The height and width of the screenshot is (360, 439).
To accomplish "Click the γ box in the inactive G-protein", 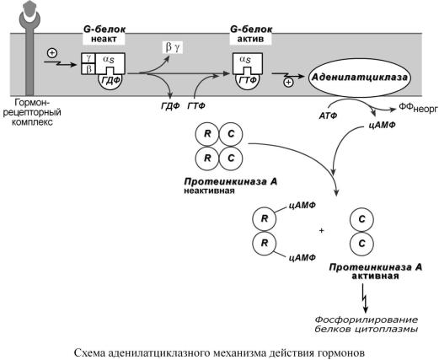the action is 88,58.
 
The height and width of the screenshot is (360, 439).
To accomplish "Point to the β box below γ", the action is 88,69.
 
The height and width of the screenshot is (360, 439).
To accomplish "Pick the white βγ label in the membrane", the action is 173,47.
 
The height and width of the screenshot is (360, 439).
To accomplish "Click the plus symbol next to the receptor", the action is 52,53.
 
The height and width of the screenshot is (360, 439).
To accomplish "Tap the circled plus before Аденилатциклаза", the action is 288,83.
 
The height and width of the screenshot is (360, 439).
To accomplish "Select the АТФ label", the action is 328,116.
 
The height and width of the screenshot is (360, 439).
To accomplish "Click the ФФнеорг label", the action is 418,108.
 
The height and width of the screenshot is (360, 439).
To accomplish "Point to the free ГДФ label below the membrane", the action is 170,106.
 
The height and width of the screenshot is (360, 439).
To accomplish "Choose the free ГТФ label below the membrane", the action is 195,106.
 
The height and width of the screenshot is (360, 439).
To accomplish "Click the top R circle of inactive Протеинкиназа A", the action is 207,134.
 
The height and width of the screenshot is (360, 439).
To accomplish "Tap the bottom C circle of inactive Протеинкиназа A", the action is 231,159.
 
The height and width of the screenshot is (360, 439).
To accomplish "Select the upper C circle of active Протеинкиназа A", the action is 361,219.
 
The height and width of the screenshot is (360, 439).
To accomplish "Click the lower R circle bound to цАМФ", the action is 265,243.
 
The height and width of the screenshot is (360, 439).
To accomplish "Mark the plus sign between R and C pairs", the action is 322,231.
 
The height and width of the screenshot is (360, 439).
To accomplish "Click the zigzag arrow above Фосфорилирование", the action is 365,298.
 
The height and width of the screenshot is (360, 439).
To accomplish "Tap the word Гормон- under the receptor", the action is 32,102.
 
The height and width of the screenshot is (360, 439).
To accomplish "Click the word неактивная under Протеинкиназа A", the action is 209,191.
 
